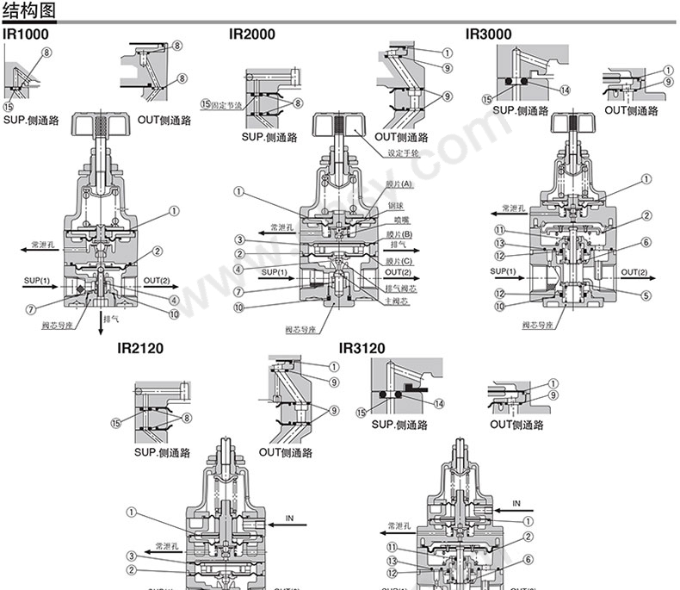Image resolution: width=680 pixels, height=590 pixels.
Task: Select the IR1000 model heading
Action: [x=26, y=34]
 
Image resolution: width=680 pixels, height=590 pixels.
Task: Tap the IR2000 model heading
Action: [x=251, y=34]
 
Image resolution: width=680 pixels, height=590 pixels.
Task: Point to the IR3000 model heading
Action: [x=488, y=34]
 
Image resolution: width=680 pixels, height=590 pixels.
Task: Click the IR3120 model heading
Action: [x=362, y=348]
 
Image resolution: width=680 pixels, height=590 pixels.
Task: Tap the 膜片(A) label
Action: [x=400, y=185]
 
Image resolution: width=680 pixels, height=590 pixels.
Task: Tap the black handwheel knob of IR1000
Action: [x=102, y=126]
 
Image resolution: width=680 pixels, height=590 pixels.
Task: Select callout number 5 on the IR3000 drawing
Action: [x=646, y=295]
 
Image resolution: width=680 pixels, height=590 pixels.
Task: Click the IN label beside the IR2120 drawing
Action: [x=289, y=520]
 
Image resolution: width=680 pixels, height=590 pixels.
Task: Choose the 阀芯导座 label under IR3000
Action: [x=539, y=325]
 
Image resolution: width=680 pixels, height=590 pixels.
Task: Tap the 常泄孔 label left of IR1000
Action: [x=43, y=245]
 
